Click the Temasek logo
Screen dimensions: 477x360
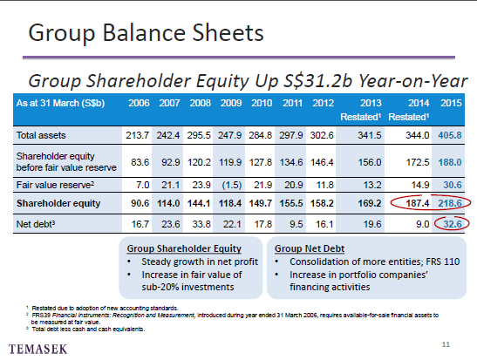coord(37,349)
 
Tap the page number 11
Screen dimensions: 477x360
coord(446,344)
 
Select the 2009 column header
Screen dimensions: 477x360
coord(231,103)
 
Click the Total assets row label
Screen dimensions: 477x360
coord(41,135)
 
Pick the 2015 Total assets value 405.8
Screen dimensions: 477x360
coord(450,135)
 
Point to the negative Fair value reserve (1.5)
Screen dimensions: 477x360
coord(231,185)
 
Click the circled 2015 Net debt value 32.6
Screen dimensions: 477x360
coord(453,224)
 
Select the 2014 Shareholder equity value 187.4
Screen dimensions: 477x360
coord(418,203)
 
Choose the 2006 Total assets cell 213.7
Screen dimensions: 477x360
coord(137,135)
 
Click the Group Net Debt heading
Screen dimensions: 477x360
coord(310,248)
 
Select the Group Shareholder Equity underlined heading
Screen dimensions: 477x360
coord(184,248)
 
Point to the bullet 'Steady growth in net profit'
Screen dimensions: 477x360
coord(200,262)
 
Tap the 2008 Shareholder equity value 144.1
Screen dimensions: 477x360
coord(199,203)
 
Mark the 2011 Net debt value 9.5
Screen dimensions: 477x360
coord(295,224)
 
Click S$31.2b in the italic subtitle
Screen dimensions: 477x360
coord(318,81)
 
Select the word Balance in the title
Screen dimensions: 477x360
coord(144,33)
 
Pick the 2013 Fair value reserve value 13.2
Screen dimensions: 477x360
coord(372,185)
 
